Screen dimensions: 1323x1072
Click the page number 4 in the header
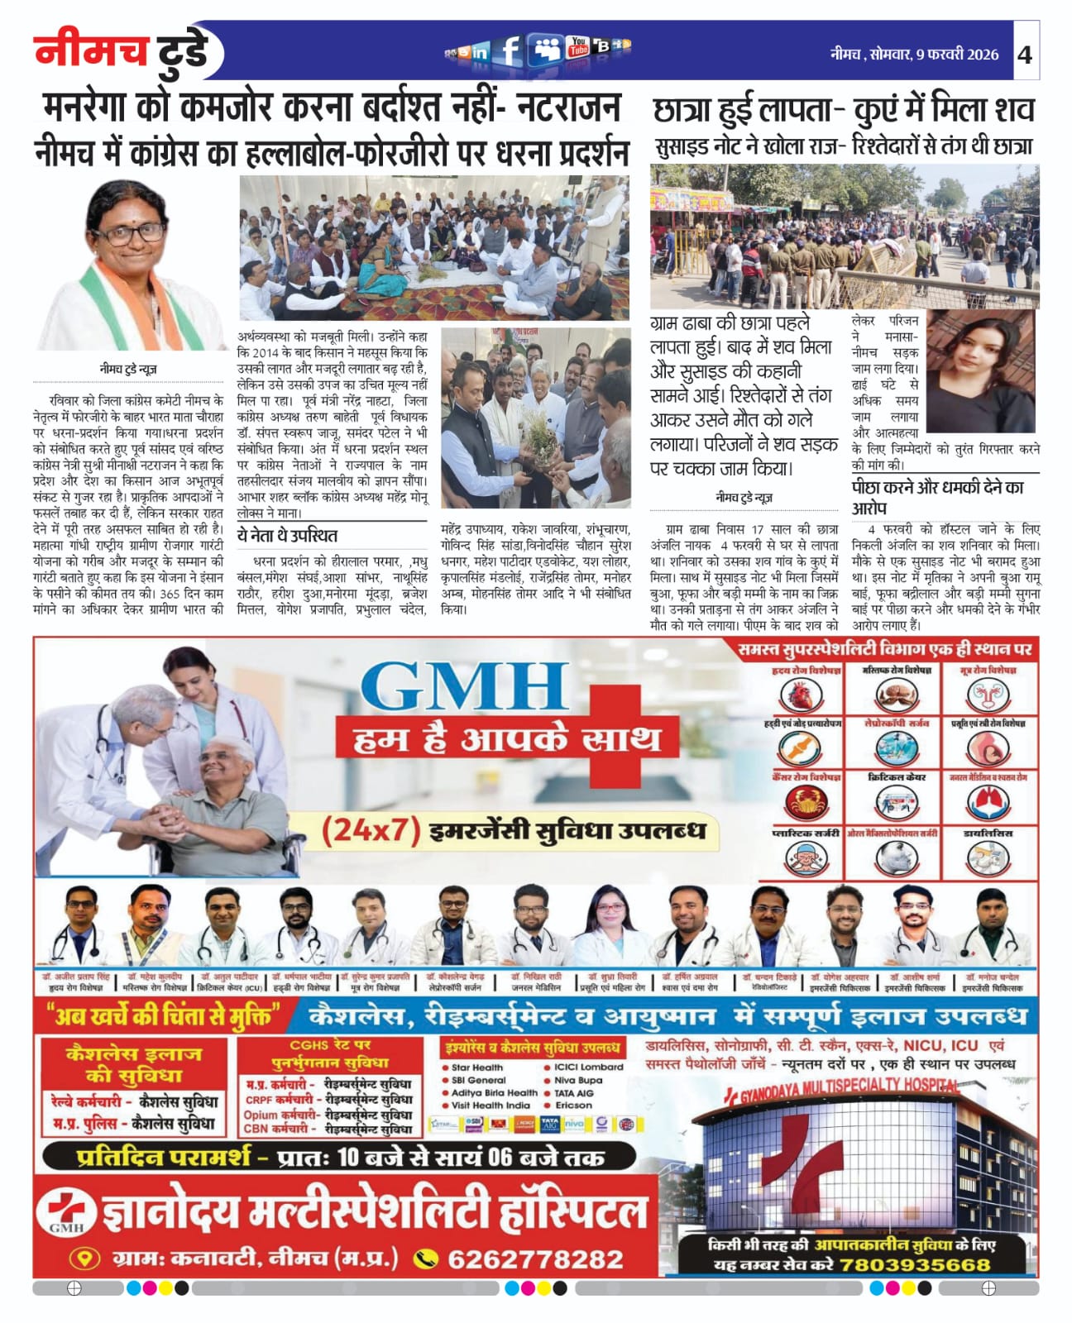pos(1025,55)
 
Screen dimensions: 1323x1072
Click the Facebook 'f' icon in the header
pos(510,50)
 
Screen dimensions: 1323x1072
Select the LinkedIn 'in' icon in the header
pos(480,53)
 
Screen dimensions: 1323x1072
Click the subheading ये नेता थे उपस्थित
pos(287,535)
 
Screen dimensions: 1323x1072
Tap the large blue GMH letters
pos(466,686)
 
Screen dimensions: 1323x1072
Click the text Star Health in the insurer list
pos(476,1067)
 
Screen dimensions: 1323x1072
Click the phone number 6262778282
pos(535,1259)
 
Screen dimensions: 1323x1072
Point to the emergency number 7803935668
pos(915,1265)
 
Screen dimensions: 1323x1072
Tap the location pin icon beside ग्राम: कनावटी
pos(84,1259)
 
